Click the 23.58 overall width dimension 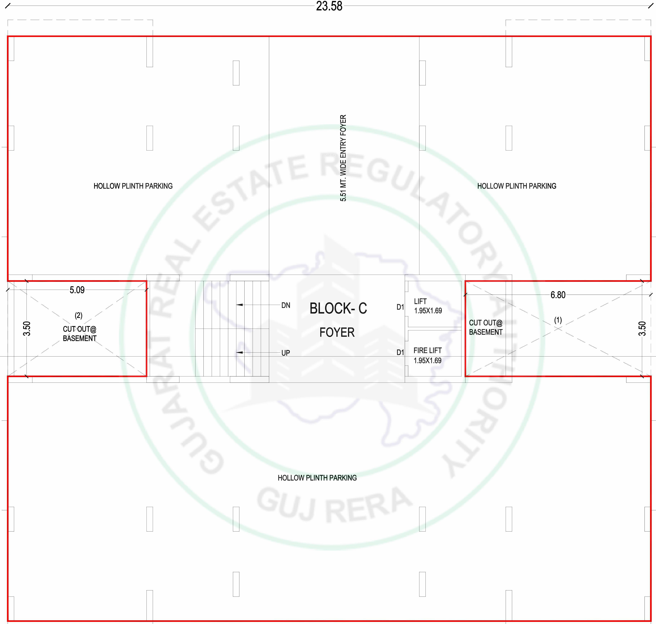pyautogui.click(x=329, y=6)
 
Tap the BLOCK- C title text pyautogui.click(x=338, y=308)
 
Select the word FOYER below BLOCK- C pyautogui.click(x=337, y=332)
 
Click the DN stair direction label pyautogui.click(x=286, y=305)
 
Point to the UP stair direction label pyautogui.click(x=286, y=353)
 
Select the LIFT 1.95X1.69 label pyautogui.click(x=428, y=306)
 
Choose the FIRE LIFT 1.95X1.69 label pyautogui.click(x=427, y=355)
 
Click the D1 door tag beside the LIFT pyautogui.click(x=400, y=307)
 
